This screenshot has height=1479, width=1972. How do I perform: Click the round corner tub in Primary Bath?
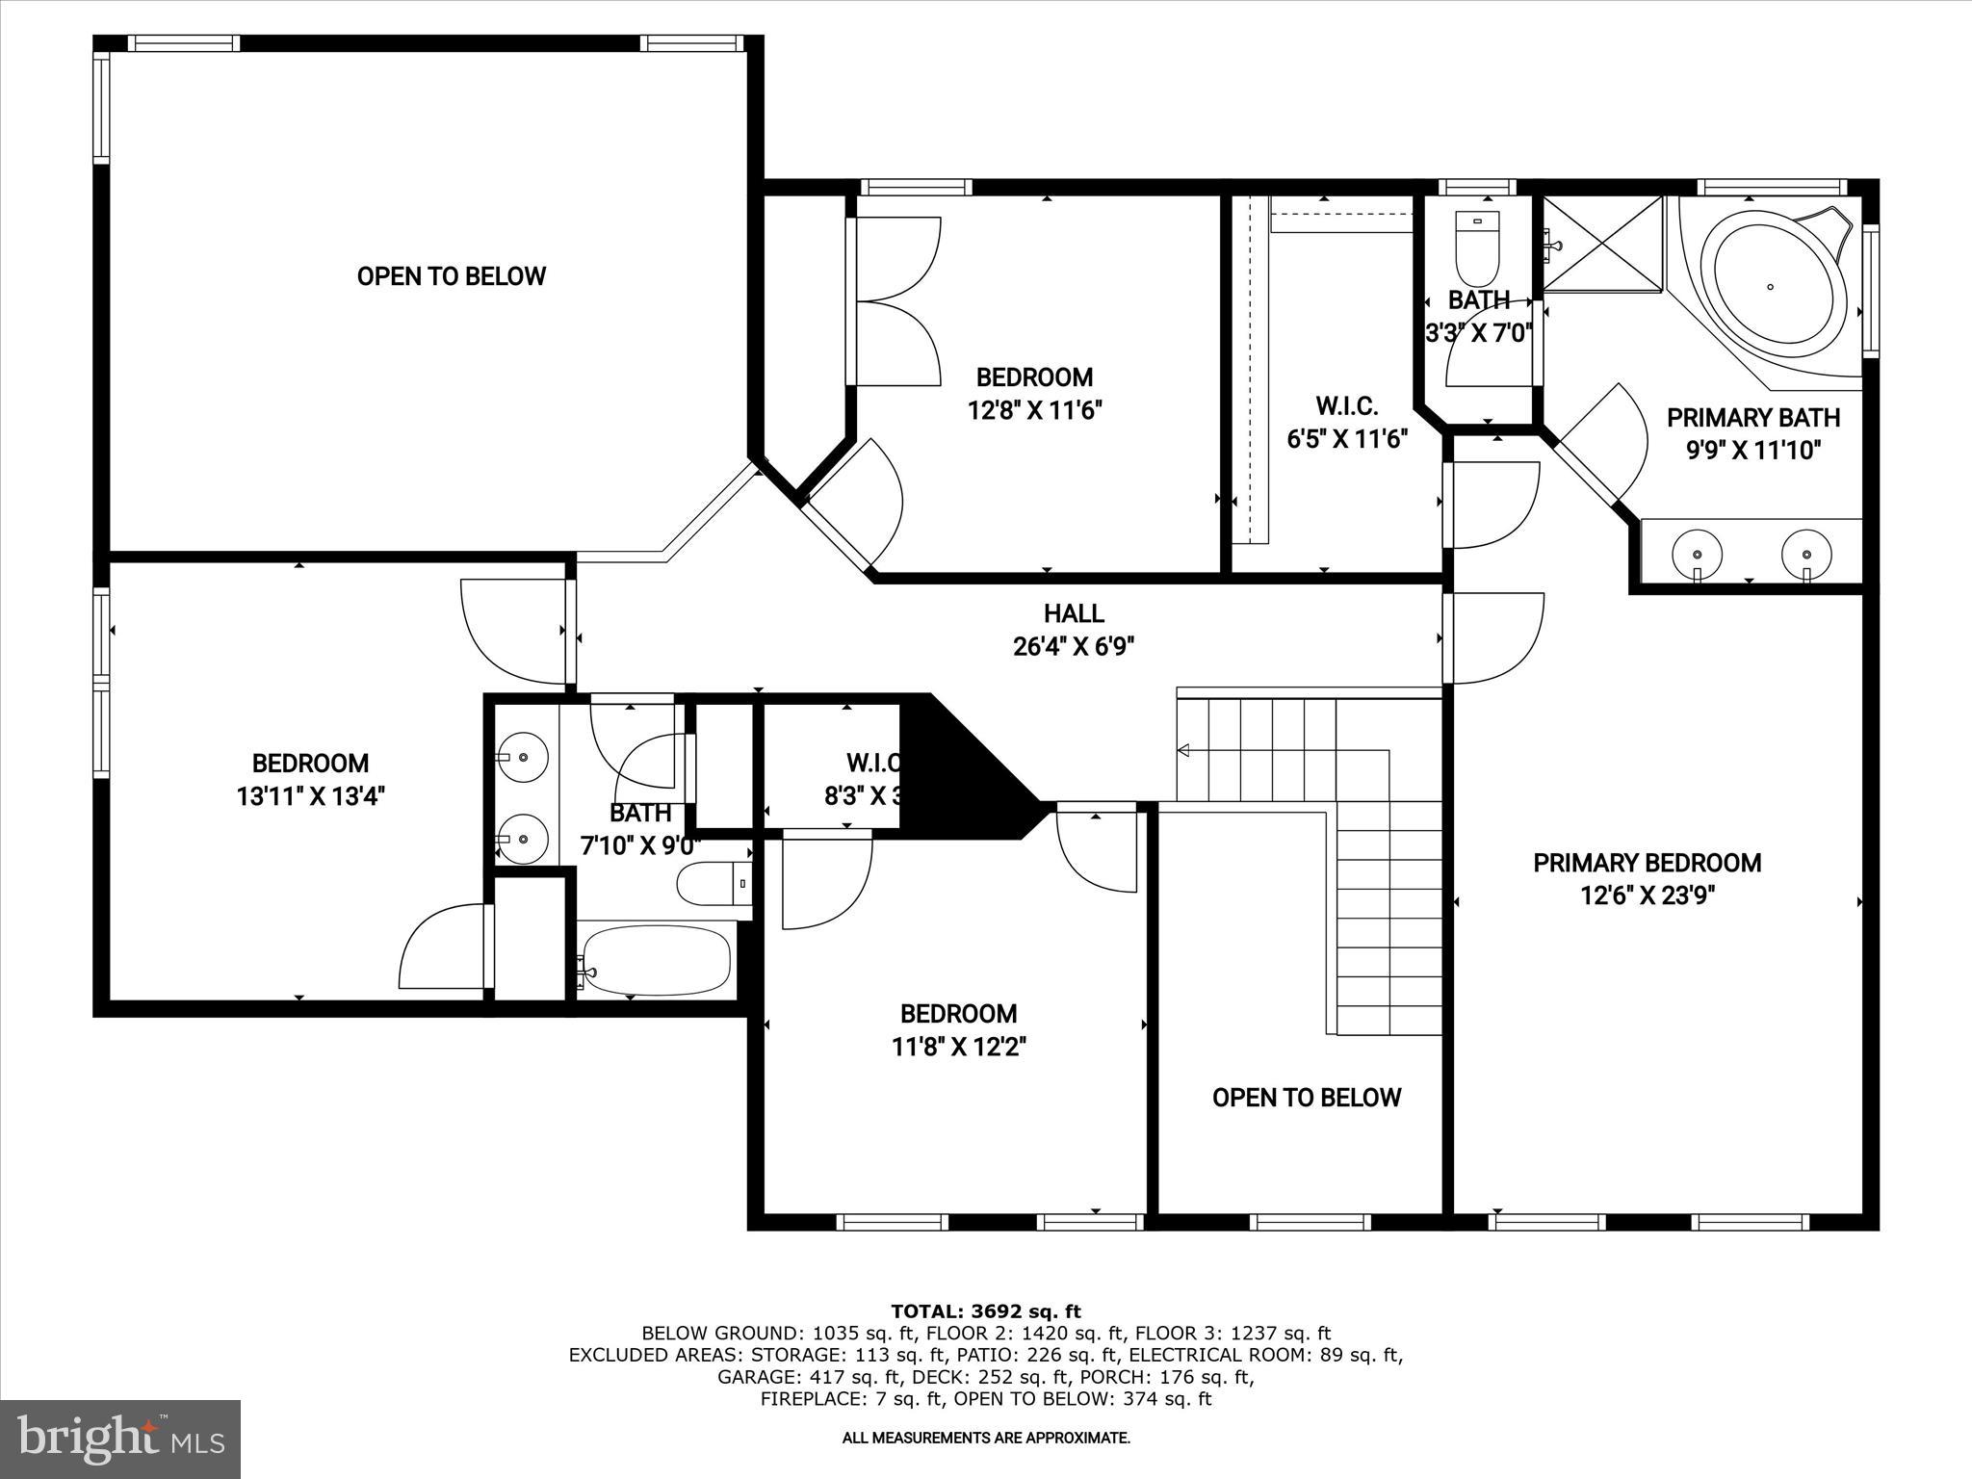pyautogui.click(x=1770, y=286)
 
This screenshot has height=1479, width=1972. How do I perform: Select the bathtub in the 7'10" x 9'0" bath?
pyautogui.click(x=656, y=960)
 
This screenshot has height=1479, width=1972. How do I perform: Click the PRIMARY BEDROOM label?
pyautogui.click(x=1648, y=863)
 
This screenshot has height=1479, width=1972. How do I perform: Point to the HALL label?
pyautogui.click(x=1074, y=613)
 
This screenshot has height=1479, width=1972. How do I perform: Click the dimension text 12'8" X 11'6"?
pyautogui.click(x=1034, y=411)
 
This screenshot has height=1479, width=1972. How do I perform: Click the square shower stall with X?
pyautogui.click(x=1603, y=244)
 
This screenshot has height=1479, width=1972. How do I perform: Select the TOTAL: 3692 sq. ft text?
pyautogui.click(x=986, y=1311)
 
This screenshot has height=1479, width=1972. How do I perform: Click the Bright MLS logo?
pyautogui.click(x=120, y=1439)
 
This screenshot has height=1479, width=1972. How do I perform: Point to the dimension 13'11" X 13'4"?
pyautogui.click(x=310, y=796)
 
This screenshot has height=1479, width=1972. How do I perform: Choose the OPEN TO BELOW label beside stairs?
pyautogui.click(x=1306, y=1098)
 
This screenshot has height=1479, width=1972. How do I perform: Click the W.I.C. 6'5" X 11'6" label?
pyautogui.click(x=1347, y=422)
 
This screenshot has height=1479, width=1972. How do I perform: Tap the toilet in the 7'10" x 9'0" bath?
pyautogui.click(x=714, y=883)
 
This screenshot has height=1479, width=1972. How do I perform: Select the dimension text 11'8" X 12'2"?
pyautogui.click(x=958, y=1047)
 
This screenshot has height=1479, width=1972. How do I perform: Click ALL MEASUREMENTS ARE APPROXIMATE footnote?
pyautogui.click(x=986, y=1438)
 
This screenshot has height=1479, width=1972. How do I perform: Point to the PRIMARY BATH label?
pyautogui.click(x=1753, y=418)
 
